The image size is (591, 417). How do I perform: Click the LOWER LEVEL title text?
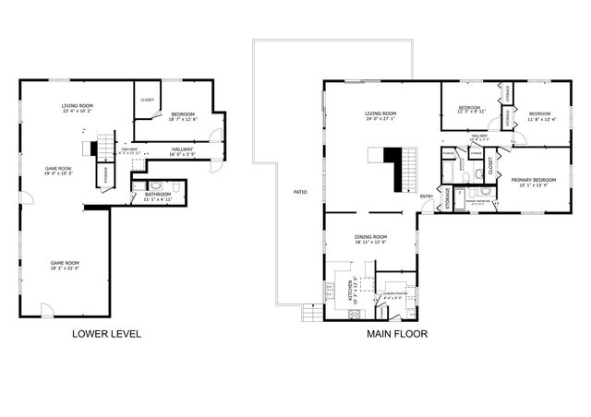106,334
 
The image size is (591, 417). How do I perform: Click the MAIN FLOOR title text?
398,334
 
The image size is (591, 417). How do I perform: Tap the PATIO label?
300,192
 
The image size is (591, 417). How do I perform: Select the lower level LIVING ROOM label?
77,106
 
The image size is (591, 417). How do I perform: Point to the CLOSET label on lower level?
147,100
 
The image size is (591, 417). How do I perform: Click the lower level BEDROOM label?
182,113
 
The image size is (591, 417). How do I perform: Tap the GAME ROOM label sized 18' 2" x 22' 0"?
65,264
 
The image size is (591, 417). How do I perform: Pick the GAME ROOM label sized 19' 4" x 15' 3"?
59,169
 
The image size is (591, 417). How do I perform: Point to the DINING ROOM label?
370,237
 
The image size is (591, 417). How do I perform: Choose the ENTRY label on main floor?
426,196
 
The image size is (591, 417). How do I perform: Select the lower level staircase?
103,146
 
